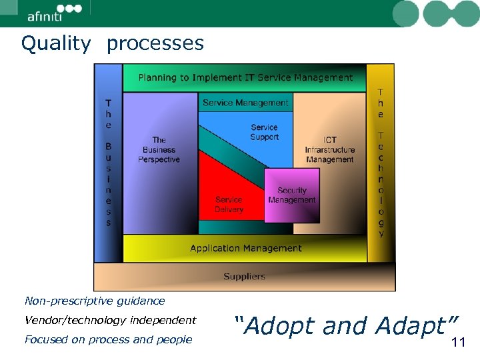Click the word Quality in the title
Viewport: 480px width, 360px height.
tap(56, 44)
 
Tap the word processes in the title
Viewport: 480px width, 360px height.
tap(155, 44)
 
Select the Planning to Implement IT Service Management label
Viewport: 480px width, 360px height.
tap(245, 77)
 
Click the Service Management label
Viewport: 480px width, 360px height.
tap(245, 103)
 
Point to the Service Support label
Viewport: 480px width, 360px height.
tap(264, 132)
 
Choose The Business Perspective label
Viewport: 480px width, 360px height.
tap(159, 149)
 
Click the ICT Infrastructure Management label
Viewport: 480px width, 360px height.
tap(329, 149)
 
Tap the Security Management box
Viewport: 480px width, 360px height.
tap(292, 195)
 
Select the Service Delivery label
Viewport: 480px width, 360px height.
tap(229, 204)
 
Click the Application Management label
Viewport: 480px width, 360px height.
tap(245, 248)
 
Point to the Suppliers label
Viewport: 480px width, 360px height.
tap(244, 276)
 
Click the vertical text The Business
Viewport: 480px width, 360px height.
tap(108, 163)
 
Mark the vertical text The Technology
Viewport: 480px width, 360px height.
tap(381, 163)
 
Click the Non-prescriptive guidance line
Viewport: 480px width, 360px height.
tap(94, 301)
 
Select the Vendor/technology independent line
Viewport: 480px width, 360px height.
tap(110, 320)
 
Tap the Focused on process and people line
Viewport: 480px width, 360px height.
tap(108, 339)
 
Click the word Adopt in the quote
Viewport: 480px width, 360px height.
tap(279, 326)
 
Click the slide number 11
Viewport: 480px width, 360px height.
tap(458, 343)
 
